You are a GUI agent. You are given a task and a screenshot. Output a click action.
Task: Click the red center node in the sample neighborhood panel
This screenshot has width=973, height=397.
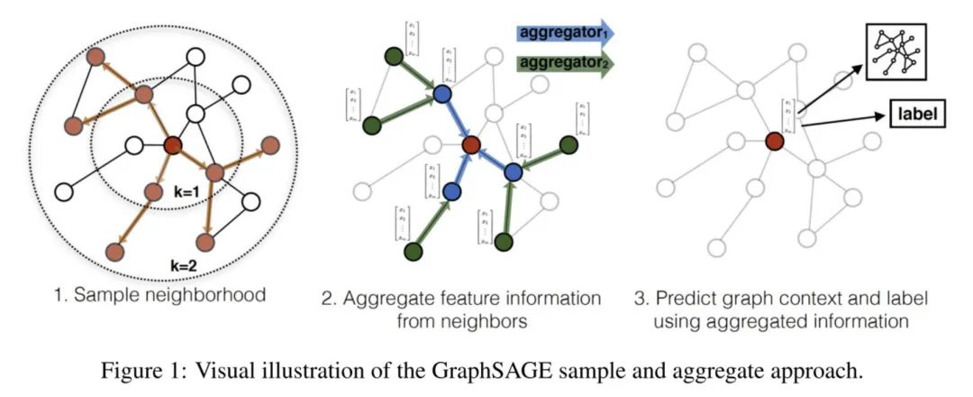coord(174,144)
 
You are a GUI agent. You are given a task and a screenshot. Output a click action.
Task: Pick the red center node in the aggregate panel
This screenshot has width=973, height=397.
coord(469,143)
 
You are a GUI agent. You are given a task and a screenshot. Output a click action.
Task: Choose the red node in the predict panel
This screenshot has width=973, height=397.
coord(773,141)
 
